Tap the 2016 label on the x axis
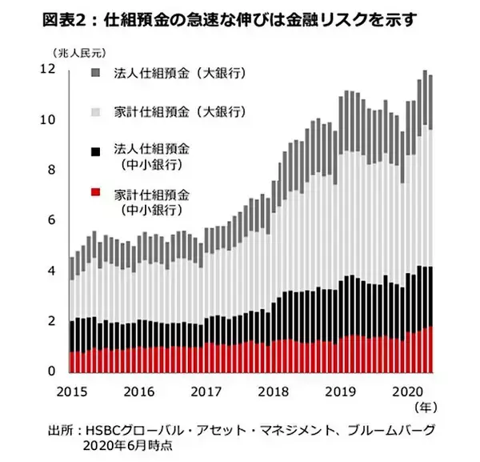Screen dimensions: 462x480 click(x=140, y=392)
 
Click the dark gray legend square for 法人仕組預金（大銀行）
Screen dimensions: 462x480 click(x=97, y=74)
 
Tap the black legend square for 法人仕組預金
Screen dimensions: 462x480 click(x=97, y=150)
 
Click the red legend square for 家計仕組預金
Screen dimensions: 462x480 click(x=97, y=193)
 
